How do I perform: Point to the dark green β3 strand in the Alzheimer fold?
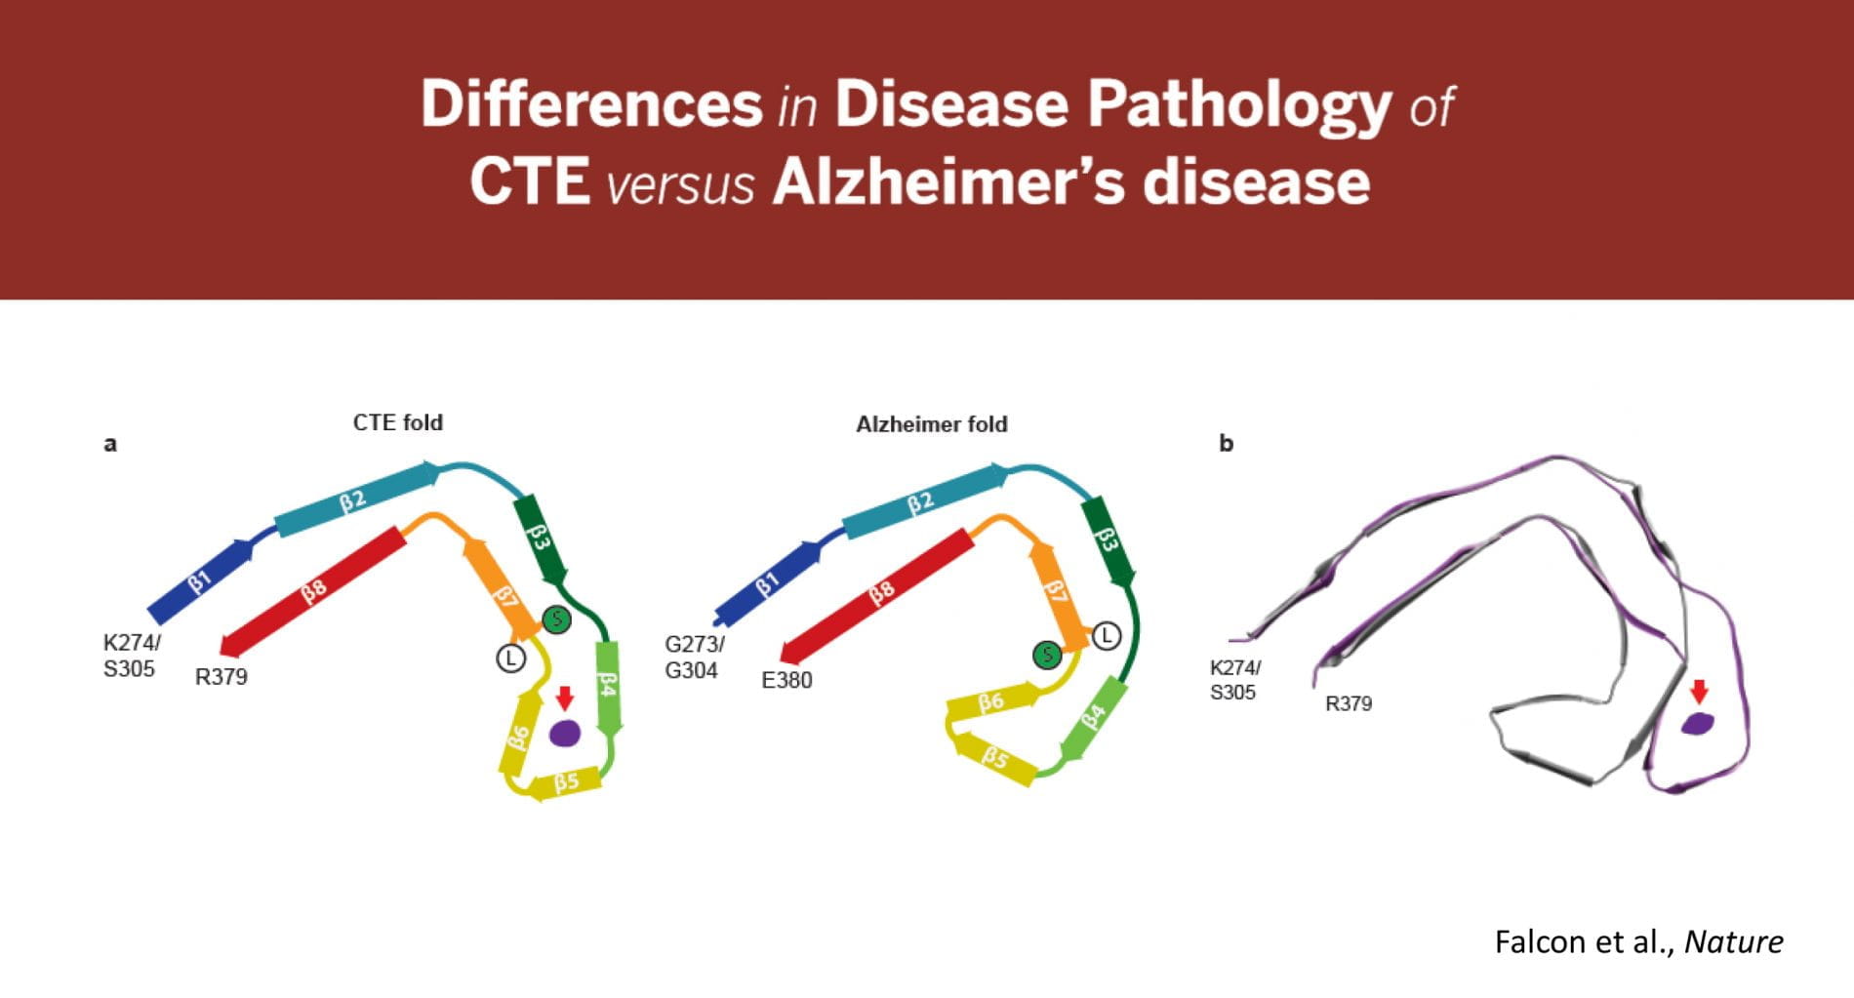pos(1107,539)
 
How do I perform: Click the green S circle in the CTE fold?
pos(556,619)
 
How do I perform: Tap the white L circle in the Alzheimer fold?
pos(1106,636)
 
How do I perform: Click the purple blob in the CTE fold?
pos(565,733)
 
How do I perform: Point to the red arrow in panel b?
pos(1699,692)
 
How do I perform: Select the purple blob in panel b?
pos(1698,723)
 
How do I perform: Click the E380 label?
pos(786,680)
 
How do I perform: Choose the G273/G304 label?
pos(693,657)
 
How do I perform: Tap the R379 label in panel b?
pos(1348,703)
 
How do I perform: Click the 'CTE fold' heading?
pos(397,422)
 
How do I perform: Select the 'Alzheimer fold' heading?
pos(931,424)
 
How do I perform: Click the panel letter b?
pos(1226,443)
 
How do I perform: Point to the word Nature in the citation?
pos(1733,941)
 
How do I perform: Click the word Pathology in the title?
pos(1239,103)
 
